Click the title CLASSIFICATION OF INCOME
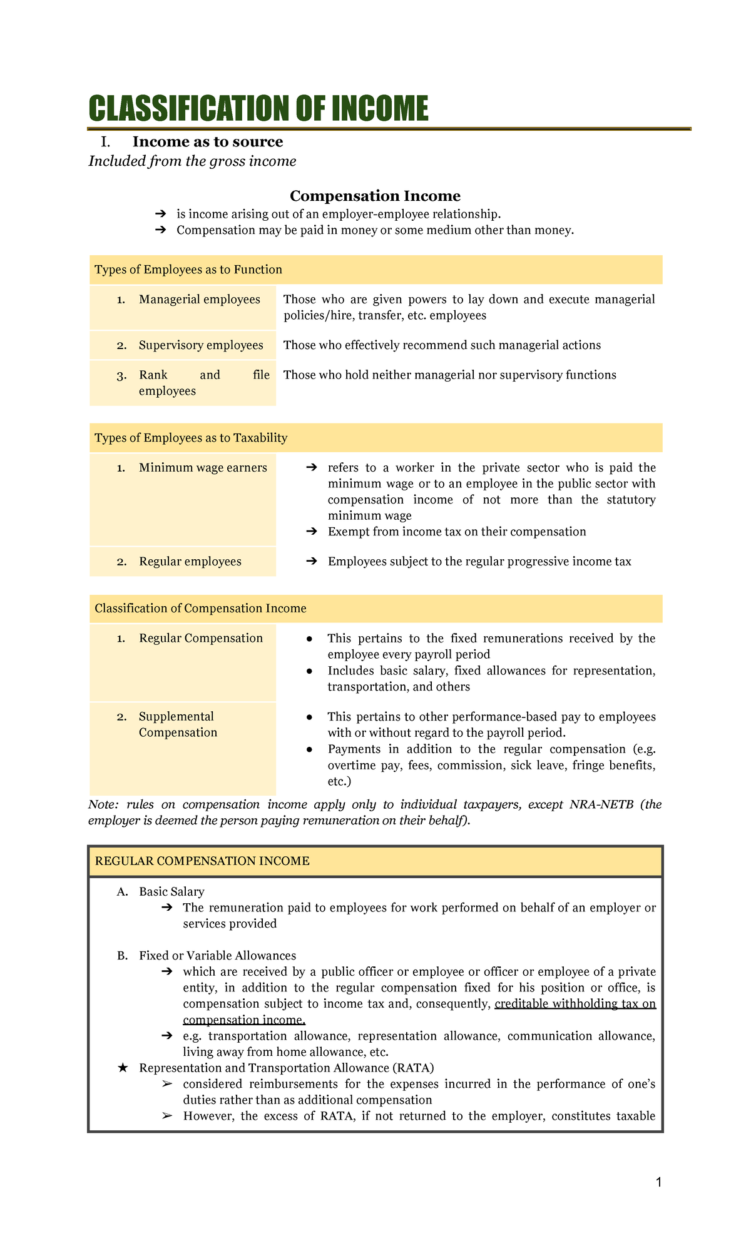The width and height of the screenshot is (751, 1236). click(258, 109)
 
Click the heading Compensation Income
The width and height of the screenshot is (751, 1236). click(375, 196)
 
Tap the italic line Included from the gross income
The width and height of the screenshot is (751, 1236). click(192, 161)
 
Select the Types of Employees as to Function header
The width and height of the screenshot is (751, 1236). click(188, 270)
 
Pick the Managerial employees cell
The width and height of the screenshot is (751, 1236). click(199, 300)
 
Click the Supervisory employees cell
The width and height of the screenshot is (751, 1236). click(200, 345)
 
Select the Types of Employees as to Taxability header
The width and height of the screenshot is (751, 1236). click(191, 438)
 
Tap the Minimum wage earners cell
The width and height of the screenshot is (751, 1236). click(203, 468)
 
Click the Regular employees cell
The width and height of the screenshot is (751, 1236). click(190, 562)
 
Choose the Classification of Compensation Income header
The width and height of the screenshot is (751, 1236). click(200, 609)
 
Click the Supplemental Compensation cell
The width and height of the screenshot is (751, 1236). click(178, 724)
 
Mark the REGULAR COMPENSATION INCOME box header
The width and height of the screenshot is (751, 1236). click(202, 861)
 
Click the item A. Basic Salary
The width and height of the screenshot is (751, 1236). click(171, 891)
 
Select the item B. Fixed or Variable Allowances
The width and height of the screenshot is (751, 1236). click(217, 956)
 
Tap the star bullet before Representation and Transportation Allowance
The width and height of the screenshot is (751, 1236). click(123, 1068)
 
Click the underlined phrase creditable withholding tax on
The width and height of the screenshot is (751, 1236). click(575, 1004)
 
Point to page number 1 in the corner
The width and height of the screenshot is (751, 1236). click(658, 1182)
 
